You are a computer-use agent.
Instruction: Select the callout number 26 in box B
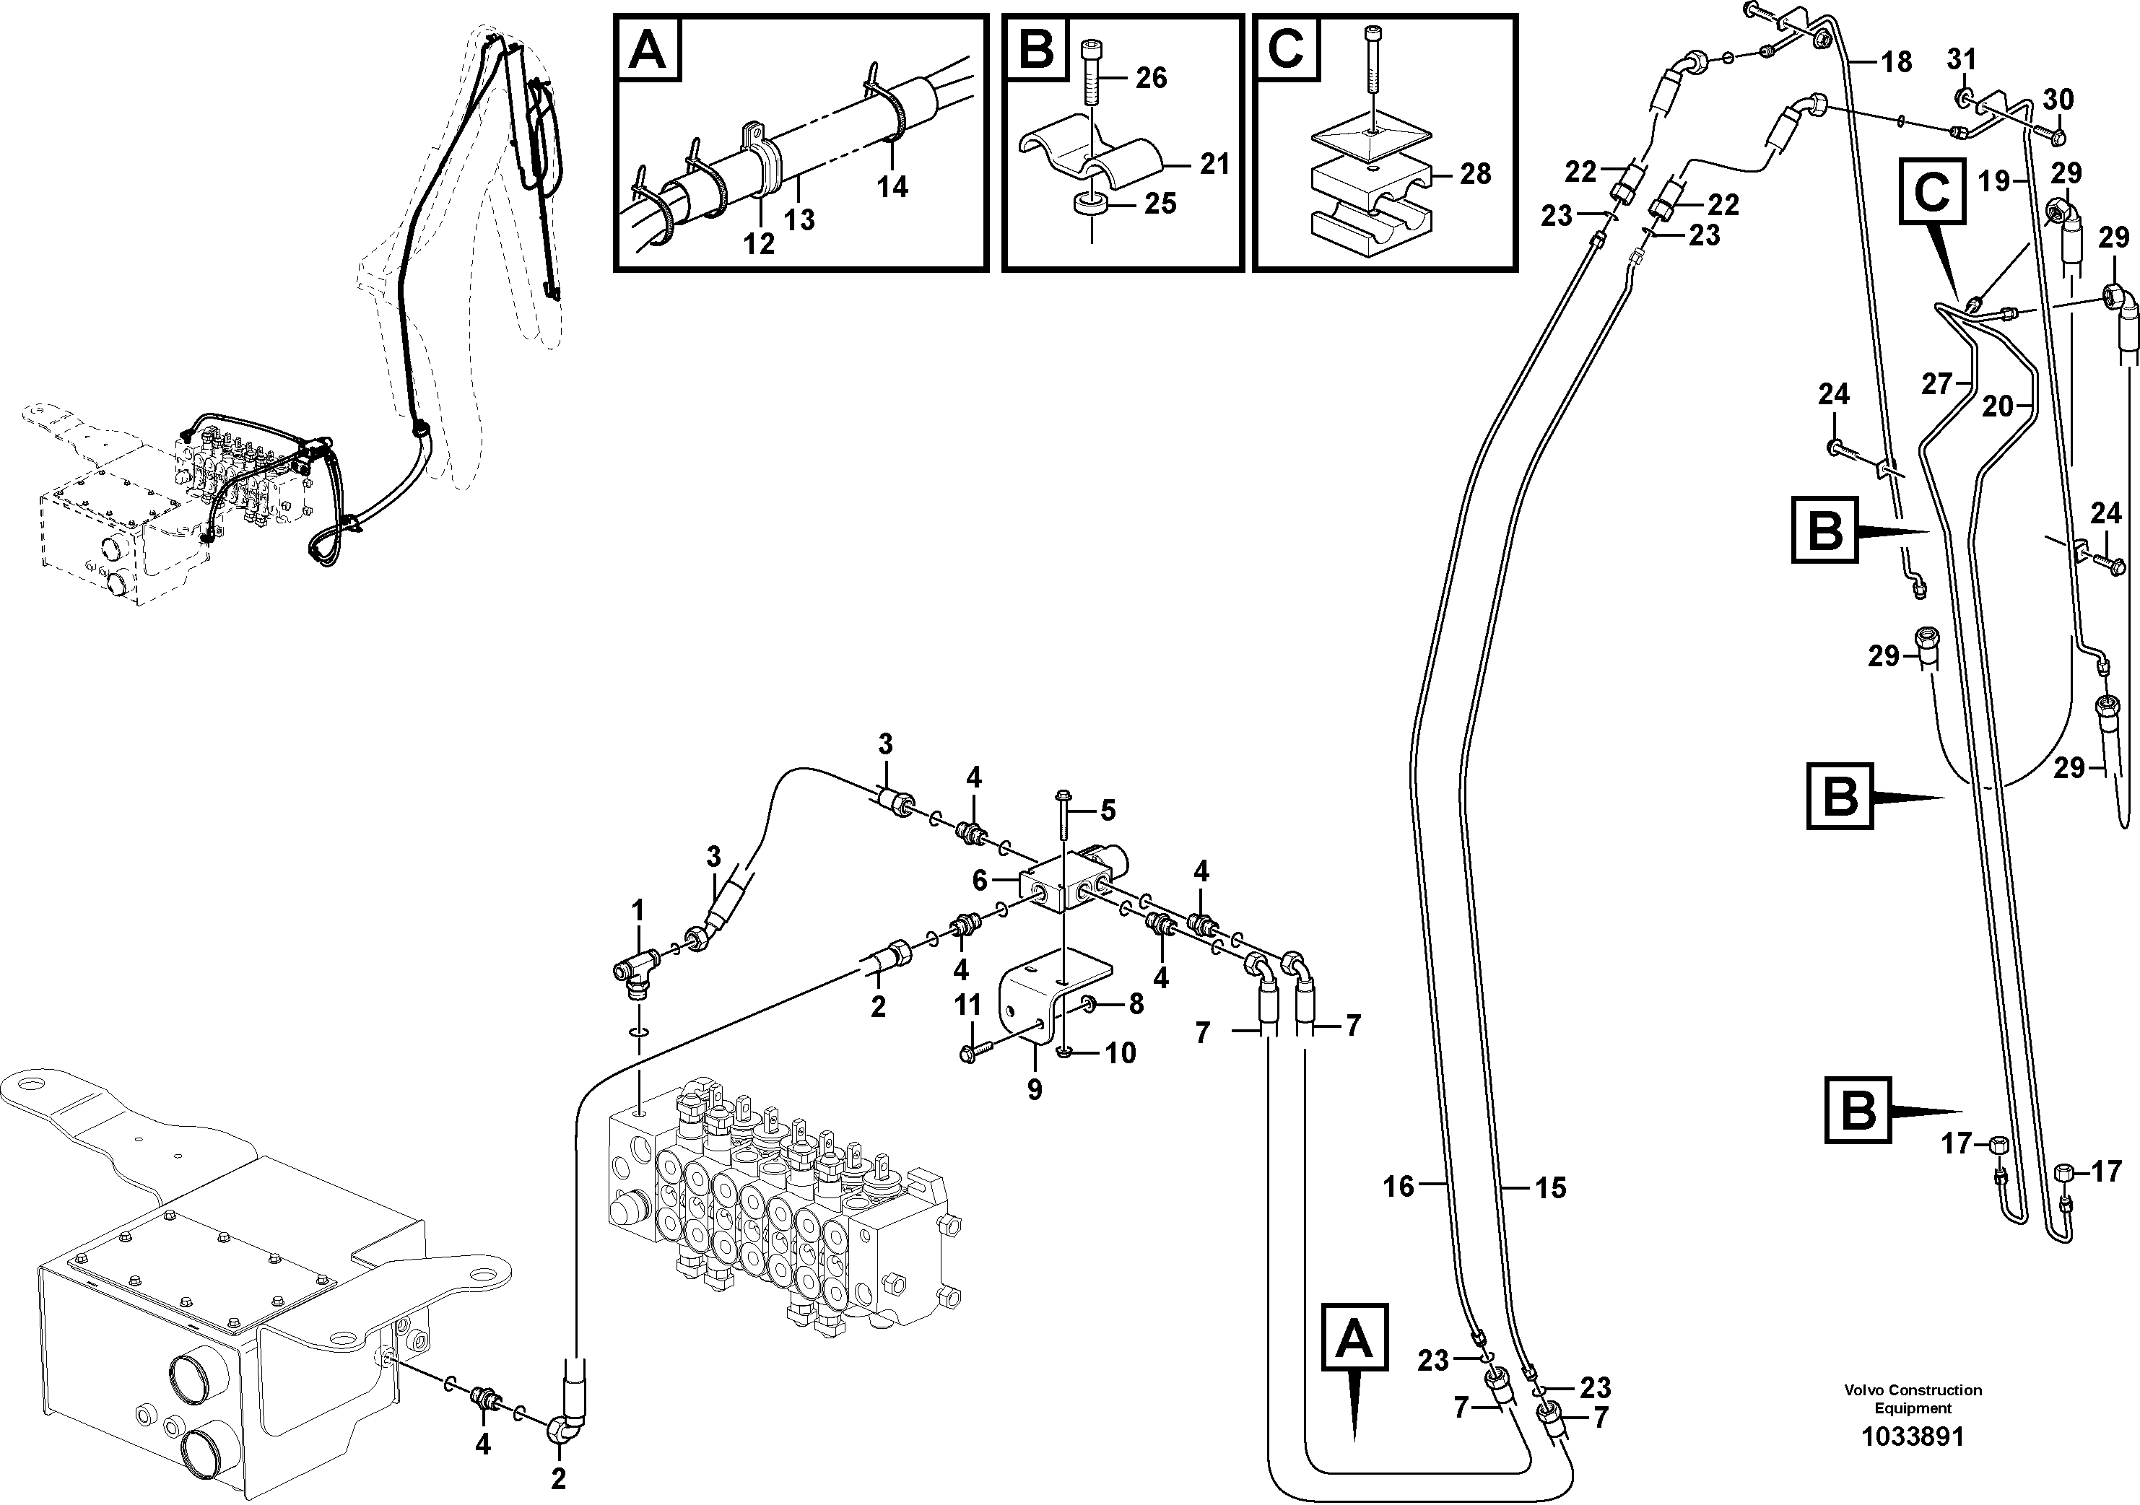1151,78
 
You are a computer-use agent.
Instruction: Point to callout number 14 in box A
892,187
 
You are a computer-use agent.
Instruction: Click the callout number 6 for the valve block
980,880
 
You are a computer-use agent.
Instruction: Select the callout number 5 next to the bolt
1108,811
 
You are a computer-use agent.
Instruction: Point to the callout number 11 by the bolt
968,1005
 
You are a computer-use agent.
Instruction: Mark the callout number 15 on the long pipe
1551,1188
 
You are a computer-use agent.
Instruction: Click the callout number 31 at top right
1961,60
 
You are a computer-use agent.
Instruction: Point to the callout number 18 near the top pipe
1897,62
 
